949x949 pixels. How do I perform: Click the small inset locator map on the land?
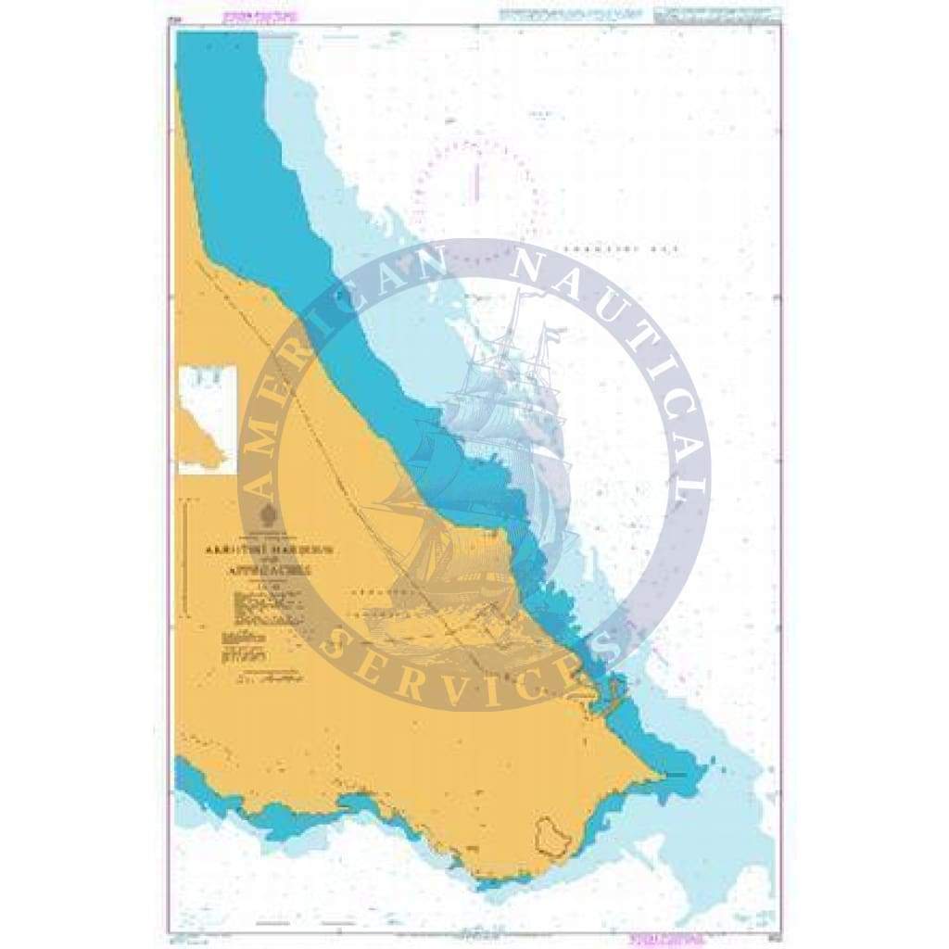pos(208,420)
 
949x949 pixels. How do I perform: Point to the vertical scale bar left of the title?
pos(189,556)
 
